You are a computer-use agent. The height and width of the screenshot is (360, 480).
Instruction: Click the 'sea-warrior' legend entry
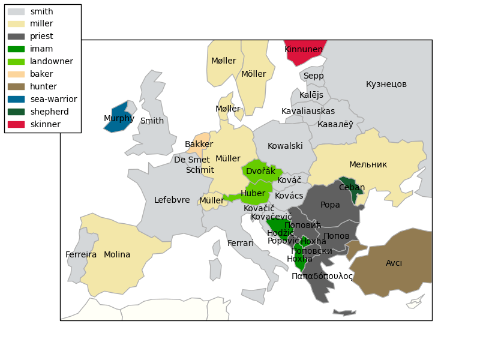pos(53,99)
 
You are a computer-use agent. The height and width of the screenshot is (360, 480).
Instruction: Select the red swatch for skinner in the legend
pos(16,124)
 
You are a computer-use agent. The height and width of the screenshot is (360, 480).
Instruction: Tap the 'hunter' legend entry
pos(43,86)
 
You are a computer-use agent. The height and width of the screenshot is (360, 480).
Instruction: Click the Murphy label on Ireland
pos(119,119)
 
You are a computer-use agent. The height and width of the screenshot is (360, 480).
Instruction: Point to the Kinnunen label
pos(304,50)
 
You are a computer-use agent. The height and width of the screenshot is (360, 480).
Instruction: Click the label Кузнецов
pos(386,85)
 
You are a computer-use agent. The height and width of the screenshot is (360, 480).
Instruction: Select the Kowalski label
pos(285,146)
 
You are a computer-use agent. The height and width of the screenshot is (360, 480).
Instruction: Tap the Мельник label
pos(368,165)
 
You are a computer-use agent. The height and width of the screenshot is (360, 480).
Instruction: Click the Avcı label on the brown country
pos(394,263)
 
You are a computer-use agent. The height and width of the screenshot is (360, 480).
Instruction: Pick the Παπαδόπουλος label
pos(322,277)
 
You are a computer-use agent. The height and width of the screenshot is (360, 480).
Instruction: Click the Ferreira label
pos(81,255)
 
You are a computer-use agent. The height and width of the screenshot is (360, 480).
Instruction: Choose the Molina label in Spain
pos(117,255)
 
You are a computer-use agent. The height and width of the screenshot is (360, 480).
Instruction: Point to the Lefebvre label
pos(172,200)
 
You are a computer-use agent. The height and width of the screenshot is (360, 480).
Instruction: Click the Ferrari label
pos(241,244)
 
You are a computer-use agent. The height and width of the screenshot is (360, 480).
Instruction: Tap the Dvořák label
pos(260,172)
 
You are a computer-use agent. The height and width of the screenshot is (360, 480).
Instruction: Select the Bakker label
pos(199,145)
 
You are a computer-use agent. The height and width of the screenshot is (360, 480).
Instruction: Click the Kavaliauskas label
pos(308,112)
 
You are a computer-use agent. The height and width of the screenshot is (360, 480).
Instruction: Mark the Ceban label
pos(352,188)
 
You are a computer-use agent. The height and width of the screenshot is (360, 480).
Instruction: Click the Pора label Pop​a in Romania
pos(330,205)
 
